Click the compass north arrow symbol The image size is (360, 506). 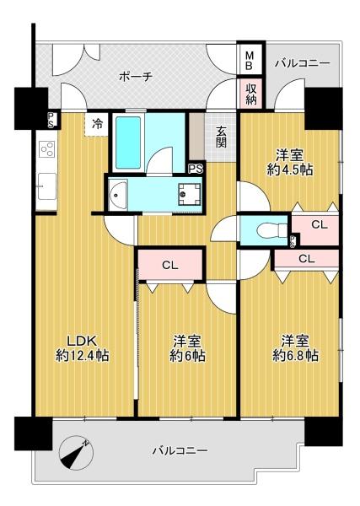tap(76, 453)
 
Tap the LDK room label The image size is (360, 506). tap(82, 341)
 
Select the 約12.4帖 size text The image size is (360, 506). tap(82, 355)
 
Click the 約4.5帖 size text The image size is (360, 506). tap(290, 170)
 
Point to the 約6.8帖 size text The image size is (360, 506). tap(296, 355)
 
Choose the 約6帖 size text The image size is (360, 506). tap(187, 355)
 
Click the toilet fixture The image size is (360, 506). tap(271, 230)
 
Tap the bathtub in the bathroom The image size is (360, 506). tap(128, 143)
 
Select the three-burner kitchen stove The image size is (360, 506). tap(47, 149)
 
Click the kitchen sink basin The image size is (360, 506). tap(46, 186)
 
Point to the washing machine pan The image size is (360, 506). tap(191, 194)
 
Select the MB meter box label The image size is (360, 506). tap(250, 62)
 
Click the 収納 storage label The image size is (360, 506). tap(251, 94)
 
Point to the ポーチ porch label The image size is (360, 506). tap(136, 77)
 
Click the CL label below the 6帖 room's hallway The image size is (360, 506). tap(170, 266)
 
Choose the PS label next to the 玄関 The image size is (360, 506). tap(196, 169)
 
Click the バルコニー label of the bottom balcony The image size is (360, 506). tap(180, 449)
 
